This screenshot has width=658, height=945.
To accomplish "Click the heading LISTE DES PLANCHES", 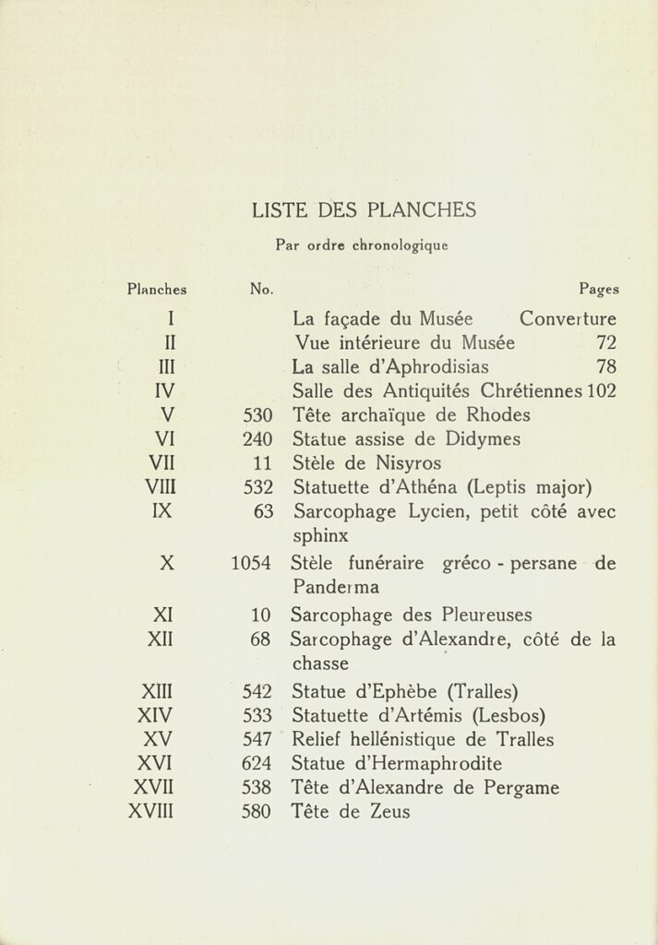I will pos(363,210).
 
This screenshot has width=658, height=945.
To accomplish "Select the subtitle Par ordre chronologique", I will pos(361,246).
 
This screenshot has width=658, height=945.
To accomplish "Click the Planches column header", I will pos(157,289).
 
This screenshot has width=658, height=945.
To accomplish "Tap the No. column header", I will pos(261,289).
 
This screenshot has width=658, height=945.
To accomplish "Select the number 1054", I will pos(252,564).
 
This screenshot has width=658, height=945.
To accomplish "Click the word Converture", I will pos(568,320).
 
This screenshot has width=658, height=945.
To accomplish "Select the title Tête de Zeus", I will pos(351,812).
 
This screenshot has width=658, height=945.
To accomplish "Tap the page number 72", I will pos(605,344).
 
